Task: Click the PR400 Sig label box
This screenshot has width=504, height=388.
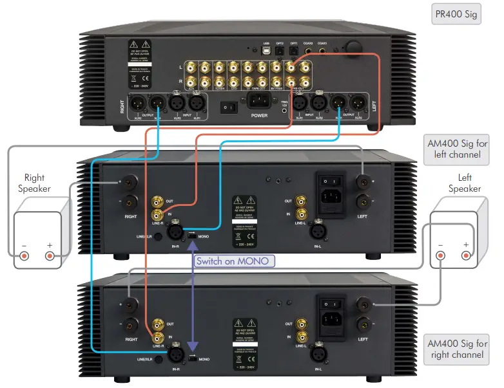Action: point(456,14)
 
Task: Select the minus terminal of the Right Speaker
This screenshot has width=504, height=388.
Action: point(24,255)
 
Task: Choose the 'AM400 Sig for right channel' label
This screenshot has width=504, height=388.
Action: point(458,349)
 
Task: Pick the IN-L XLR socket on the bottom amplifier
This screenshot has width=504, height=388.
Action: point(317,353)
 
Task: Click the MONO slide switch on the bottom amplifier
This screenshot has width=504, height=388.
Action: point(192,359)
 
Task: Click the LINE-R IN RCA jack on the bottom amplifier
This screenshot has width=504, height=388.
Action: point(157,337)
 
